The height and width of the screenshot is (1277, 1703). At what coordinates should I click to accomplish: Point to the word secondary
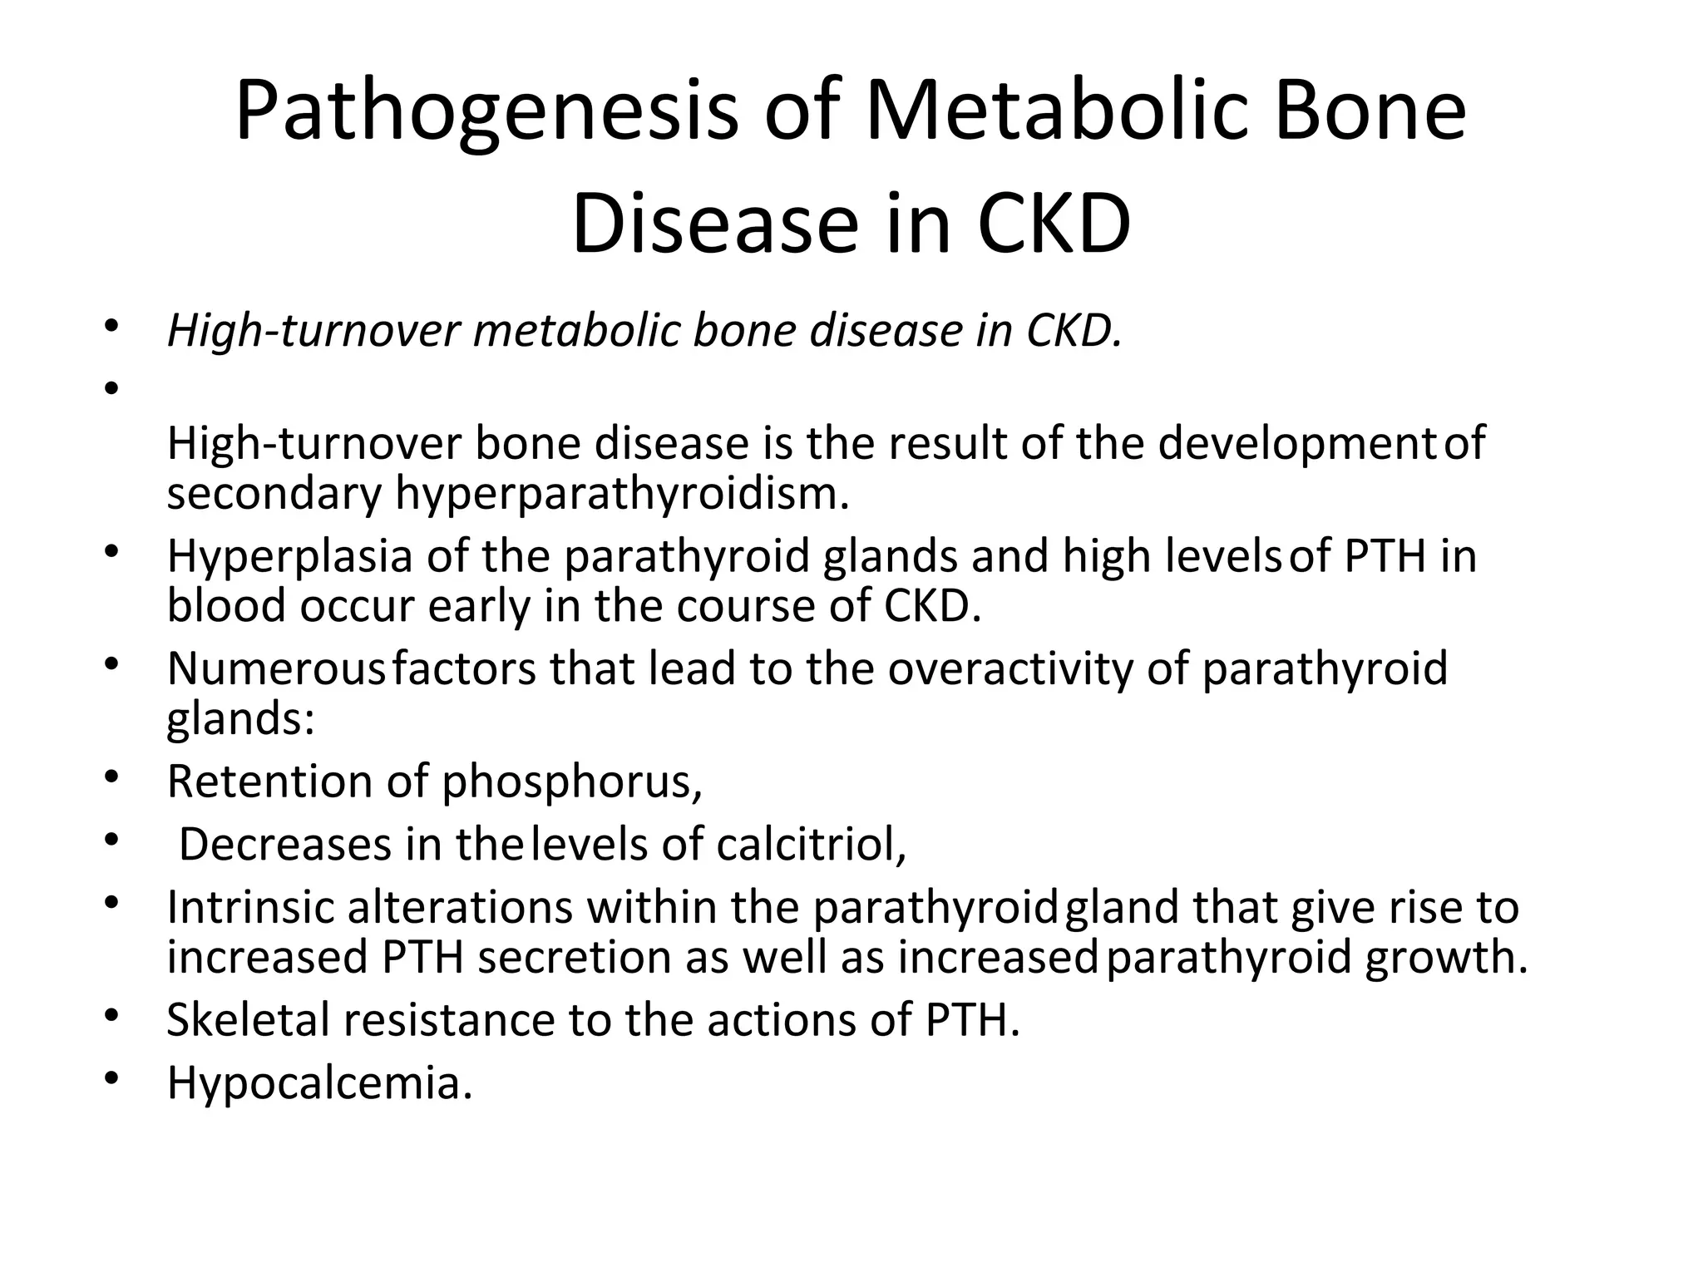tap(274, 493)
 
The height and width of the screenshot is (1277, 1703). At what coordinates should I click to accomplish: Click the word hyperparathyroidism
tap(622, 495)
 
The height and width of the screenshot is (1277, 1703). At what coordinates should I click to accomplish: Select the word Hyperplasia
tap(289, 556)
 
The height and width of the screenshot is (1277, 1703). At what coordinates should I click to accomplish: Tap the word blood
tap(226, 605)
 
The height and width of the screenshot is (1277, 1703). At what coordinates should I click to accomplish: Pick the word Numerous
tap(276, 668)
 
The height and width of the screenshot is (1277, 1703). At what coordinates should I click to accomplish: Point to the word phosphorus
tap(571, 783)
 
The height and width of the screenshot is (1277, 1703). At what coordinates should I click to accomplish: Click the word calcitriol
tap(810, 845)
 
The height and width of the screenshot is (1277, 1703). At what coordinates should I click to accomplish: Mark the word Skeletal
tap(249, 1019)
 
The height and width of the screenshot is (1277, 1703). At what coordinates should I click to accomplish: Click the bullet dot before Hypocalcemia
tap(113, 1078)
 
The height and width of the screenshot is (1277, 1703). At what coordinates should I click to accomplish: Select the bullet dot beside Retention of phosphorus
tap(113, 777)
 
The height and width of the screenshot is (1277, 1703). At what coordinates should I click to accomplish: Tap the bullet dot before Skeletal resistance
tap(113, 1014)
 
